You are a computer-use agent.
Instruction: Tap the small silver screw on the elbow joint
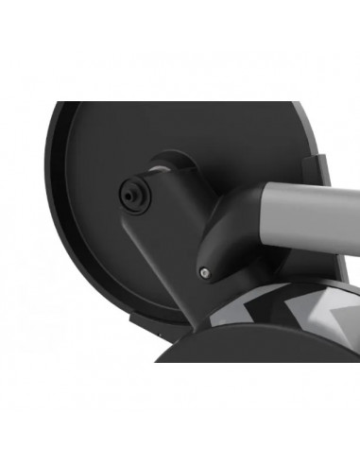point(205,272)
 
